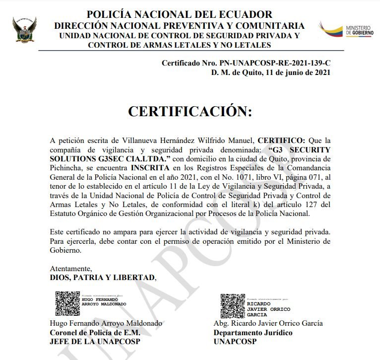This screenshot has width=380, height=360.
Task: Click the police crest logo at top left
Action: point(24,29)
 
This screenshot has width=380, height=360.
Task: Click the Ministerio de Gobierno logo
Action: point(346,29)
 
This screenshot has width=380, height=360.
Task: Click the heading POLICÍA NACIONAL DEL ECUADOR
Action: point(179,14)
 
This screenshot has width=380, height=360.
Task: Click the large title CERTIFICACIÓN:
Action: point(190,111)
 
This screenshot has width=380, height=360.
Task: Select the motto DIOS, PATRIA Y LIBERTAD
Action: point(103,278)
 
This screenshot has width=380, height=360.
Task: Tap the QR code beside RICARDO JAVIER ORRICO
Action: point(233,305)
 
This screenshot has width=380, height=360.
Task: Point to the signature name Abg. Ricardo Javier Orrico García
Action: point(268,323)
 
